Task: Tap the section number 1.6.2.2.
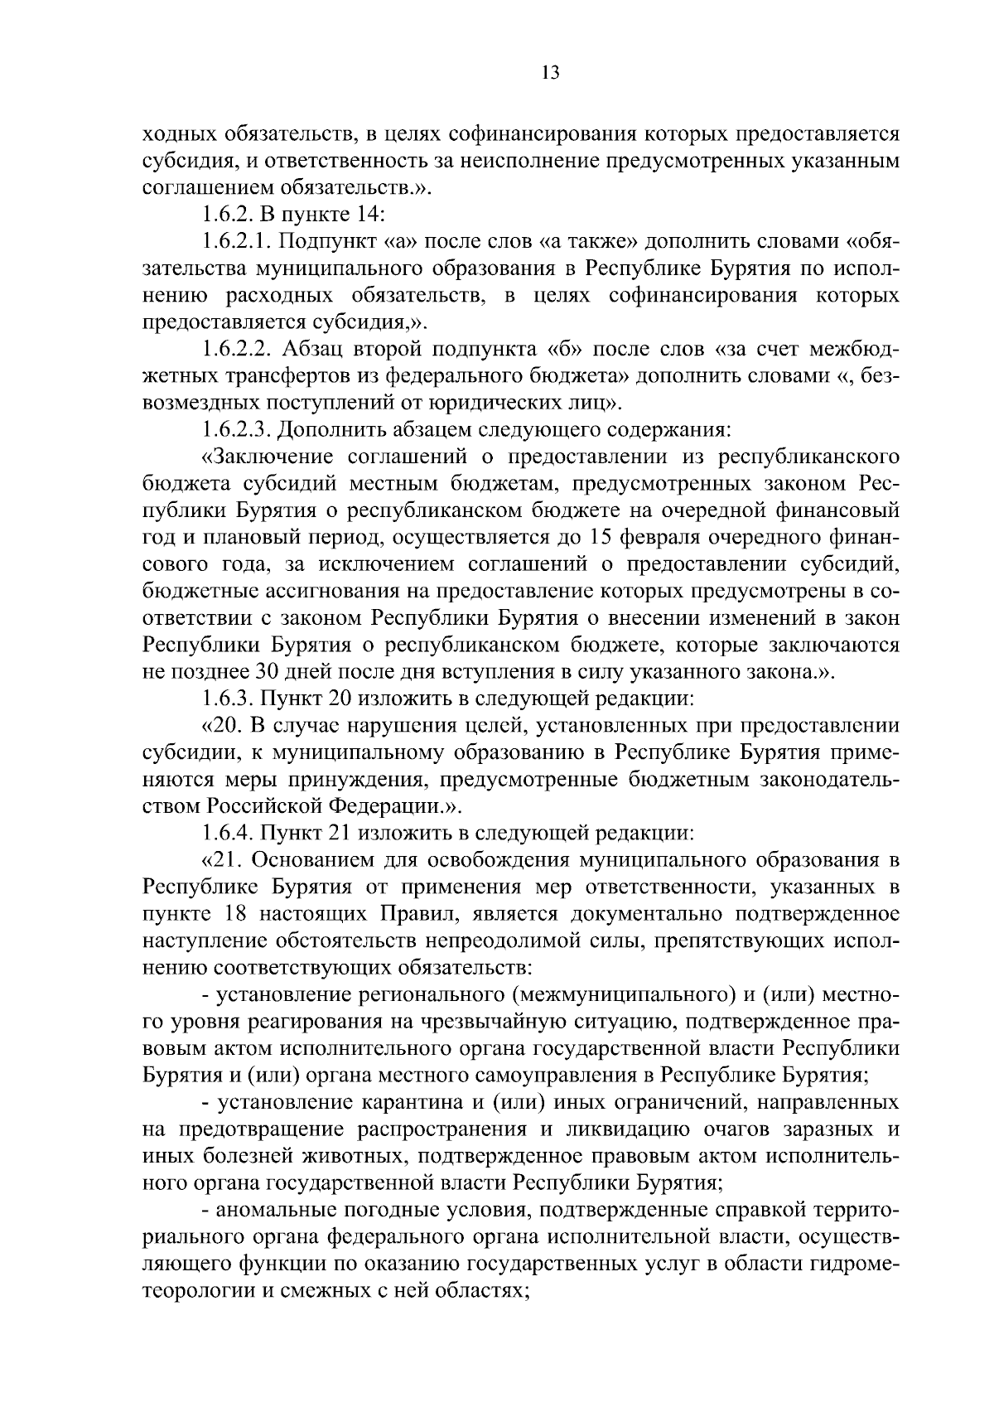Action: coord(238,349)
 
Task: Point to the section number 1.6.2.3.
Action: coord(238,429)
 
